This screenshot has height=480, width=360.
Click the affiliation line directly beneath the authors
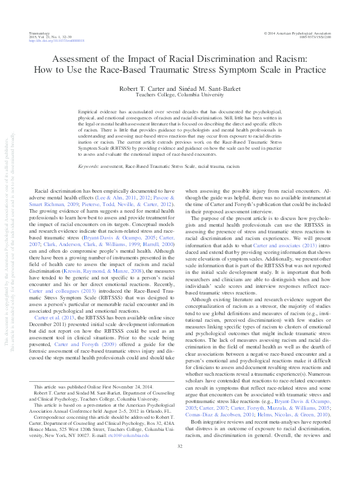coord(179,95)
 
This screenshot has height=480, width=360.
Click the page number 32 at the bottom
coord(180,464)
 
